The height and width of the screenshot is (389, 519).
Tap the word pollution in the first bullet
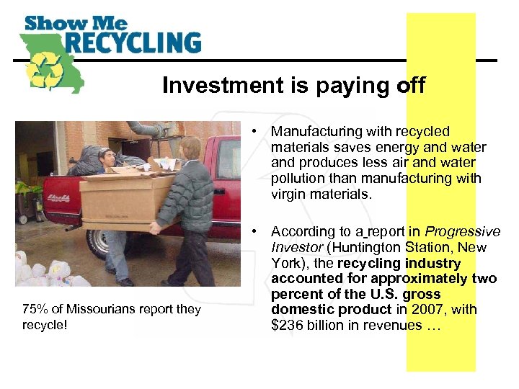click(x=301, y=179)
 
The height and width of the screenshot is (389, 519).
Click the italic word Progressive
click(x=462, y=232)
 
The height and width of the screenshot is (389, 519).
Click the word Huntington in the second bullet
click(x=370, y=248)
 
